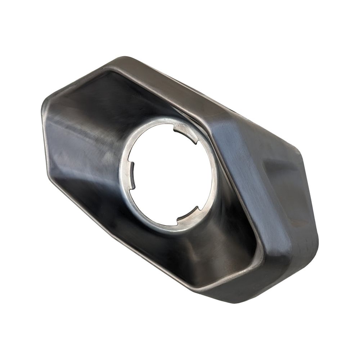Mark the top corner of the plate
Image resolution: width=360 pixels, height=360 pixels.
point(124,58)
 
